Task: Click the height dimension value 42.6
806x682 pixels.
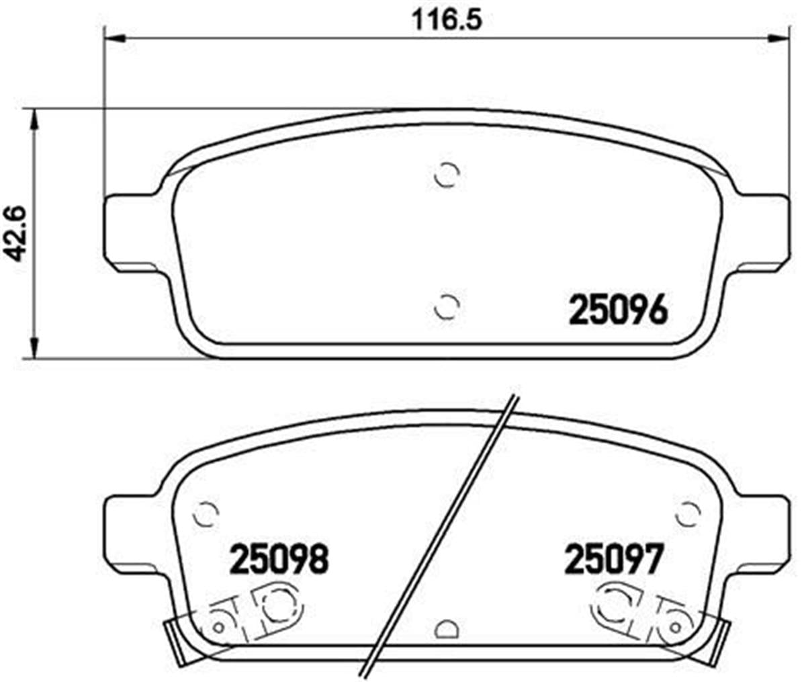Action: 17,232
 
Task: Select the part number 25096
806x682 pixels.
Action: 619,310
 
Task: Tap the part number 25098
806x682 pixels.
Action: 279,559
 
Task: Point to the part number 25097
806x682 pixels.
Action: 614,559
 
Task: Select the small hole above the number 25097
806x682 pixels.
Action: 687,515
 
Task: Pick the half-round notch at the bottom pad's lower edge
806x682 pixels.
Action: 446,628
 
